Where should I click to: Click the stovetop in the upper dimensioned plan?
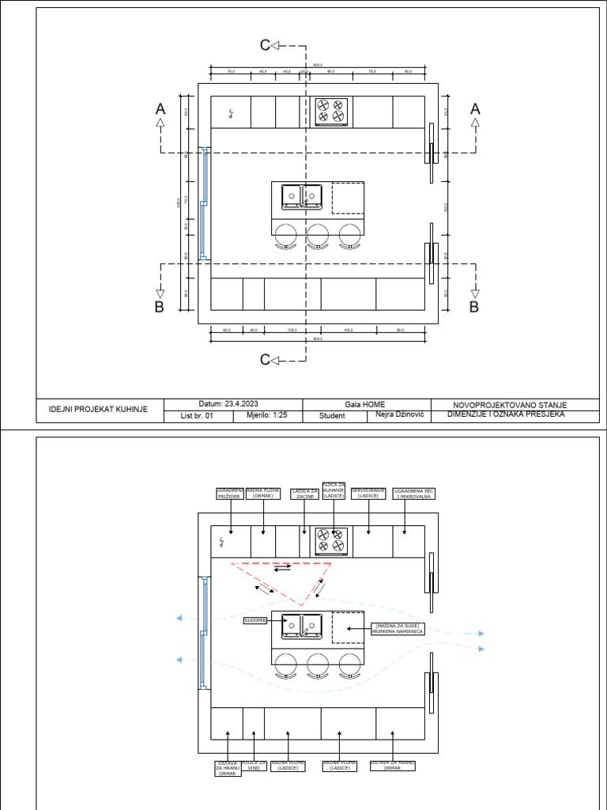(331, 112)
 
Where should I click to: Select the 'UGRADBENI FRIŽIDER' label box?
(230, 494)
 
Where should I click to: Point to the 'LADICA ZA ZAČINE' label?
(305, 494)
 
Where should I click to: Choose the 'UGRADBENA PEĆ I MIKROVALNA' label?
(414, 494)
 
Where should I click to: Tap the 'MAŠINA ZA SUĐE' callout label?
(398, 628)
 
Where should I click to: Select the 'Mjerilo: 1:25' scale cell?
(268, 415)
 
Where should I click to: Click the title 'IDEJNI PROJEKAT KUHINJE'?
(99, 410)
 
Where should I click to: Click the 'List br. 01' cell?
(198, 415)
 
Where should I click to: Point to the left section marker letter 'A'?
(160, 109)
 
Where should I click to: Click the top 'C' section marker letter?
(266, 46)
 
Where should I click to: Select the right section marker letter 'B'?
(474, 307)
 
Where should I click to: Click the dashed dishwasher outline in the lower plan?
(348, 627)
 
